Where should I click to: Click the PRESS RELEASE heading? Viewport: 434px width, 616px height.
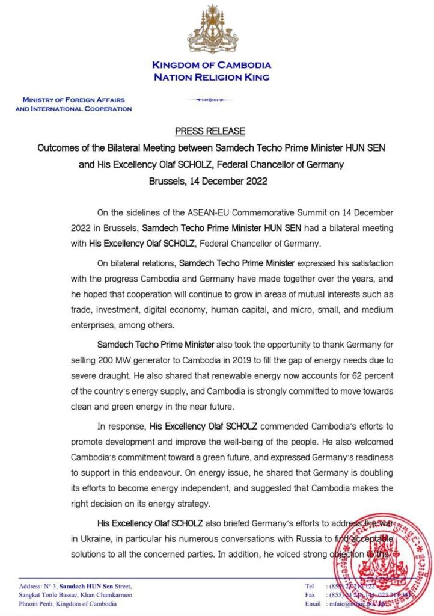[210, 131]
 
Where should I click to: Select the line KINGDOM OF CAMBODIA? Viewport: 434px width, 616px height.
[211, 65]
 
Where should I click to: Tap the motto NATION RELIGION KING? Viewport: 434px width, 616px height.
[211, 77]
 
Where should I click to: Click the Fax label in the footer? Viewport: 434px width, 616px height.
[310, 594]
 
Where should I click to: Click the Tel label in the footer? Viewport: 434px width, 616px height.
[309, 585]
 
